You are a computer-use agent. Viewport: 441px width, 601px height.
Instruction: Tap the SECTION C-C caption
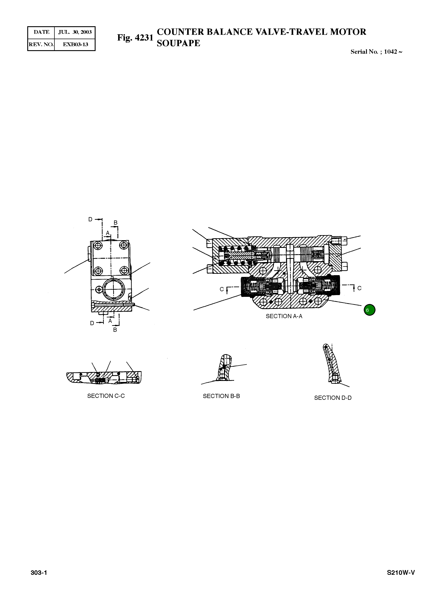click(106, 396)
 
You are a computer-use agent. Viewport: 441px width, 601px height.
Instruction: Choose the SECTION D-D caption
click(333, 398)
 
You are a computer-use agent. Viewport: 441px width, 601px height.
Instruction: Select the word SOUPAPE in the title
click(178, 43)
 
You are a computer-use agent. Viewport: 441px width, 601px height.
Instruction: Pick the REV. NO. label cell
click(41, 44)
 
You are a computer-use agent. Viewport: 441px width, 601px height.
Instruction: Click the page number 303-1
click(39, 573)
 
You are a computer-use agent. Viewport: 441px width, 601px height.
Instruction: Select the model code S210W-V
click(401, 573)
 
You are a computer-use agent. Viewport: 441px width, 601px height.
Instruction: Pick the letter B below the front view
click(115, 330)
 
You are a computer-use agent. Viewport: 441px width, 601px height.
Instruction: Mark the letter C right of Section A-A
click(359, 288)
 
